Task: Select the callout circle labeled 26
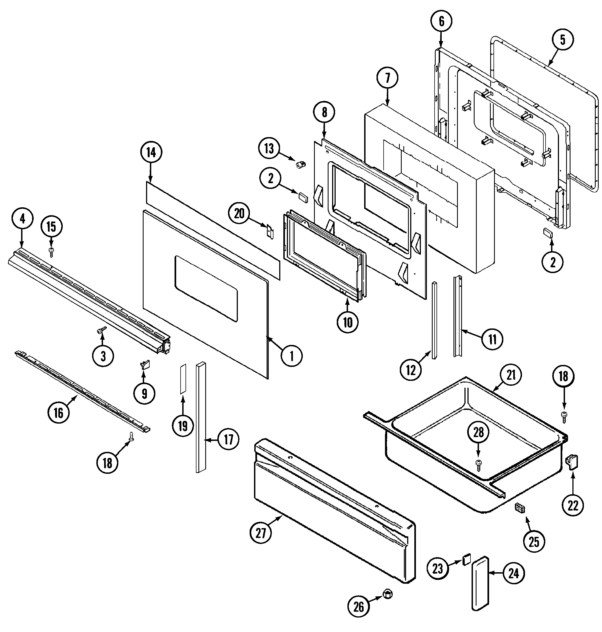click(x=359, y=607)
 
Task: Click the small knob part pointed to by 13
click(x=301, y=165)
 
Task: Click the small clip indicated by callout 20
click(x=270, y=231)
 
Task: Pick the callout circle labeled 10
click(x=347, y=322)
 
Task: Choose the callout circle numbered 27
click(x=261, y=533)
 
